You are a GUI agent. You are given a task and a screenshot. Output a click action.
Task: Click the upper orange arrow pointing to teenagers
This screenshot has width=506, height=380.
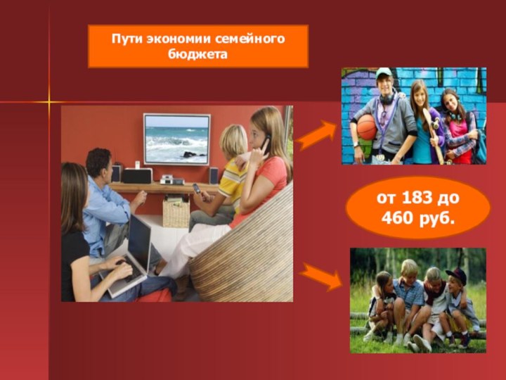315,134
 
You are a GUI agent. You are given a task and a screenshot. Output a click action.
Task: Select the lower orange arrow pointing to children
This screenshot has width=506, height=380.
318,277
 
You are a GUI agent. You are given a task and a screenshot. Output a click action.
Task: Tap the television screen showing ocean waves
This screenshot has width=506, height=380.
176,138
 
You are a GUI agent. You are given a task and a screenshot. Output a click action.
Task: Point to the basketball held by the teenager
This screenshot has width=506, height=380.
367,127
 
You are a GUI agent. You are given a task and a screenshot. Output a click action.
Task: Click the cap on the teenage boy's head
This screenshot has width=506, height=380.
384,72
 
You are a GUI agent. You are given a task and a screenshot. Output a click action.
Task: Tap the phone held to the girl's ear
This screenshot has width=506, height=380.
266,143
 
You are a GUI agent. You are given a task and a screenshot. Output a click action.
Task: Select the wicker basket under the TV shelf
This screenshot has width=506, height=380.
176,213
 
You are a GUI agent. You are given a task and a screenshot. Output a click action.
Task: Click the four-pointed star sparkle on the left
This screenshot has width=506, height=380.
49,103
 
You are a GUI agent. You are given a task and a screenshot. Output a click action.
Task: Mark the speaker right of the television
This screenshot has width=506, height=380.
213,175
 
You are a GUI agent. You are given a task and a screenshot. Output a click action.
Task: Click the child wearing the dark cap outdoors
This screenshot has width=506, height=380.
457,296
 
